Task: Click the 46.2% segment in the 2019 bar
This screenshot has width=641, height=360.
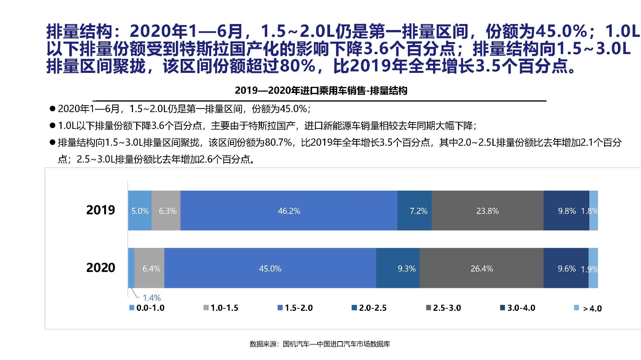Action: (289, 211)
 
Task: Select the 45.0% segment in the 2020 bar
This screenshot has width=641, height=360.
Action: (270, 268)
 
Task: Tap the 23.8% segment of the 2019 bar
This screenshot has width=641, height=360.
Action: (487, 211)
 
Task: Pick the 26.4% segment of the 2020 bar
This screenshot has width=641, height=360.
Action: (482, 268)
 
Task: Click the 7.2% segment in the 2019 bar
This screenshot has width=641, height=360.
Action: (415, 211)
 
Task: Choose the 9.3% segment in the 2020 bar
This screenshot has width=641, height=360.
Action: (398, 268)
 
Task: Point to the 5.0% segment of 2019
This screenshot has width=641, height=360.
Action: (140, 211)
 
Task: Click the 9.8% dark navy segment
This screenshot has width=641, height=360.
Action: (566, 211)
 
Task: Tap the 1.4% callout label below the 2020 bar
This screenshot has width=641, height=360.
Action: (152, 298)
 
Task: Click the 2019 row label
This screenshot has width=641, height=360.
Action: (101, 210)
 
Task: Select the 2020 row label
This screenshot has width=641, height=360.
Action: (101, 267)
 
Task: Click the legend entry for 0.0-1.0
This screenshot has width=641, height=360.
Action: (147, 308)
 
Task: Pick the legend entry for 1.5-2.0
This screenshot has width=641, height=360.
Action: (295, 308)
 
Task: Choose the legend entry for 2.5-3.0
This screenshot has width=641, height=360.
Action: (443, 308)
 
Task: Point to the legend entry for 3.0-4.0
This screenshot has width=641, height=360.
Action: (518, 308)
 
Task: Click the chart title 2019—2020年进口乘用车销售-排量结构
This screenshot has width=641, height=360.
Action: (321, 91)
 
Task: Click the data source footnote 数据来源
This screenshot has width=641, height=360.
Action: (320, 344)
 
